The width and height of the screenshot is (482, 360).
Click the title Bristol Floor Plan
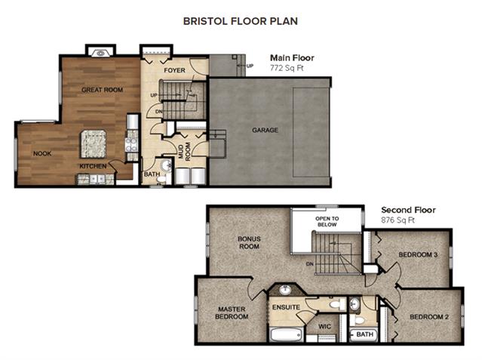241,21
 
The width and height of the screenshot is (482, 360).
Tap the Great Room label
102,90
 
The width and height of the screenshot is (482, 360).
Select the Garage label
265,130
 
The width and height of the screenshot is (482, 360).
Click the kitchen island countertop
94,143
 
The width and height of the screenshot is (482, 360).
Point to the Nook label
42,153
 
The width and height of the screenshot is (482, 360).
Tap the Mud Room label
185,151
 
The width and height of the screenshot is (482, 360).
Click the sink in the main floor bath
166,165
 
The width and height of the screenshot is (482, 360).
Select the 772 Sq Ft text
287,68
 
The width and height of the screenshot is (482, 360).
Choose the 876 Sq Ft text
398,220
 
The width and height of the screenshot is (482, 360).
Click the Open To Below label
327,222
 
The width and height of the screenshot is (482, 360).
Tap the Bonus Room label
249,242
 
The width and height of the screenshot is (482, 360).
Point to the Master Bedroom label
232,313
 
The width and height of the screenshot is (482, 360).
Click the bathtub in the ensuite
287,334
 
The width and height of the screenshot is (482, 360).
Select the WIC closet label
324,327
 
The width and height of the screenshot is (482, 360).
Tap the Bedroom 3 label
418,255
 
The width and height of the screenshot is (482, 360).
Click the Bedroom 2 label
429,317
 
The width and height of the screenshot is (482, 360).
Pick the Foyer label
174,70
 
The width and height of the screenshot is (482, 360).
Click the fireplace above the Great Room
100,53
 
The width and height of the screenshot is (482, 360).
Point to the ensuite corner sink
286,290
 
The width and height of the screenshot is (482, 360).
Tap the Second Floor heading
408,210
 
